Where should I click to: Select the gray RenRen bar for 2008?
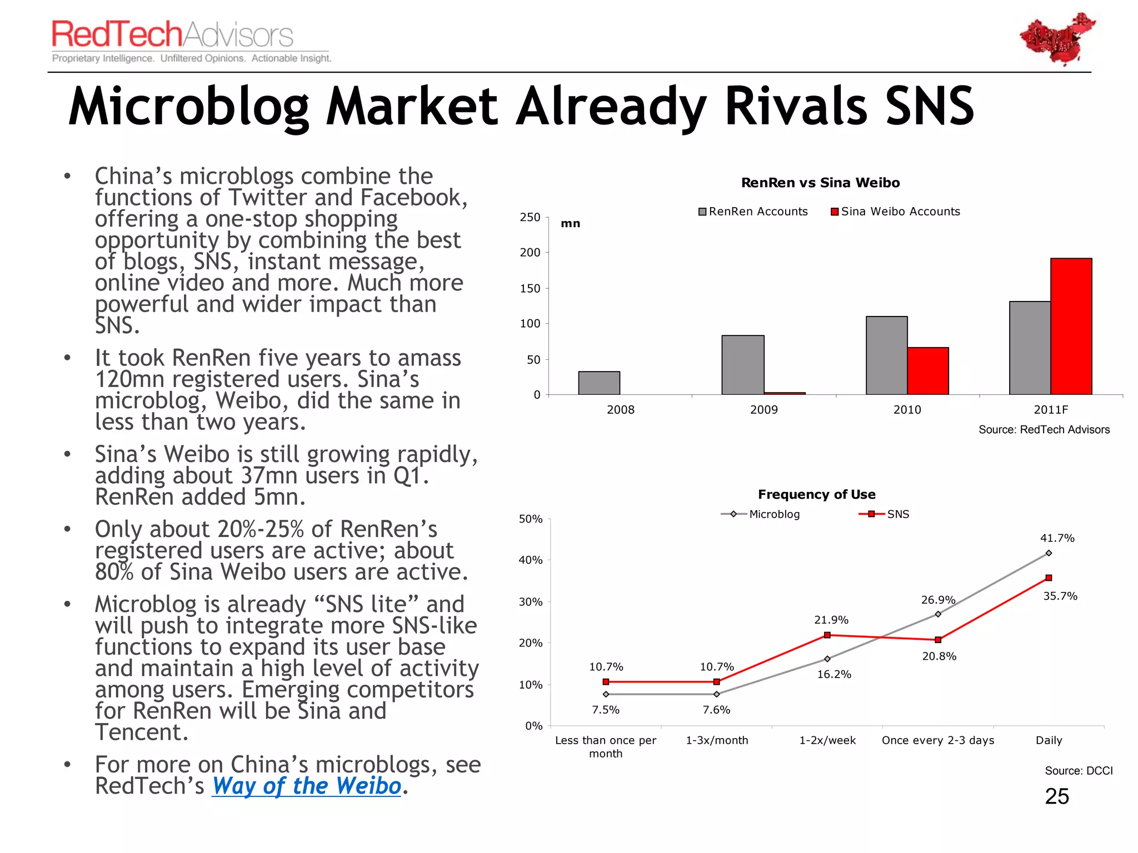599,383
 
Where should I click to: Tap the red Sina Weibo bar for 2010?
928,371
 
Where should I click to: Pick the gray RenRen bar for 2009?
743,365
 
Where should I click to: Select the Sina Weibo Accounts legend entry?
895,212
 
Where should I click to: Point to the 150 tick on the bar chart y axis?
530,288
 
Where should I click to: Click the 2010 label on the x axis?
907,410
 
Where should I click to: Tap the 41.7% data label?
1057,538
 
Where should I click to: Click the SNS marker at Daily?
1049,578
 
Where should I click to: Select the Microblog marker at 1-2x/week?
827,659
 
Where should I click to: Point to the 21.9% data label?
831,620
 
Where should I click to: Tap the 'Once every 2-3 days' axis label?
938,740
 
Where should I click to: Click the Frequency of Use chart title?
816,494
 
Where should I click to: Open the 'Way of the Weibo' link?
306,786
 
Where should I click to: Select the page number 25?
1057,796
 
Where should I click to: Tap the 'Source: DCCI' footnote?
1079,771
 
